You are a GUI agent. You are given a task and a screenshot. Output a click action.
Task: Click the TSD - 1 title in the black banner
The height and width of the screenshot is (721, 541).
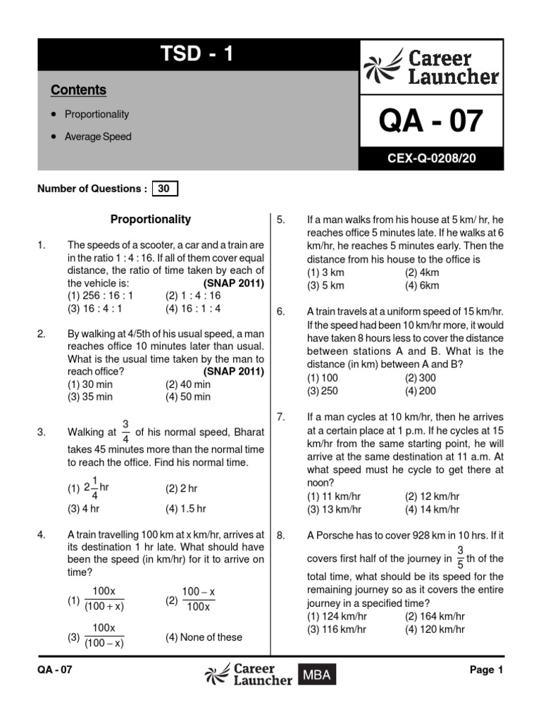pos(197,54)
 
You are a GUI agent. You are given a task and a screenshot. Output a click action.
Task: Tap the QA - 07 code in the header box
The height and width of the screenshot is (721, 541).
pos(431,121)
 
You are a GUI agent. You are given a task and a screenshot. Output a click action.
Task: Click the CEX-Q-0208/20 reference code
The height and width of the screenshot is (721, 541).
pos(431,159)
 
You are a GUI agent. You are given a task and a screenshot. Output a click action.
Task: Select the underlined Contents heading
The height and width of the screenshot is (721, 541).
pos(78,90)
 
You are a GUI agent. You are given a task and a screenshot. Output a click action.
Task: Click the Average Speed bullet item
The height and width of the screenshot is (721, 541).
pos(98,137)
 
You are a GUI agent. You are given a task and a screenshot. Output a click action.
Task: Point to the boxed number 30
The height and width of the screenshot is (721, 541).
pos(164,189)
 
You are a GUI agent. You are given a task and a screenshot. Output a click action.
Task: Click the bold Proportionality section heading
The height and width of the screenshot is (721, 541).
pos(151,220)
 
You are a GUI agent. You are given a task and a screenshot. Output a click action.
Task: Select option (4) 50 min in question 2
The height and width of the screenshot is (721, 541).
pos(187,396)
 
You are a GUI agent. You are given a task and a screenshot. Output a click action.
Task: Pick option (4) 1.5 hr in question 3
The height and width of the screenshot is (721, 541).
pos(185,508)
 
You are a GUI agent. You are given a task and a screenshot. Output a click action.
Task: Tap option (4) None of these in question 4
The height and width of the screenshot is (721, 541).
pos(204,637)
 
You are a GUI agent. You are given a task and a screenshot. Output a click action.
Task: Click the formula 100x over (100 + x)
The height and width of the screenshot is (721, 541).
pos(104,598)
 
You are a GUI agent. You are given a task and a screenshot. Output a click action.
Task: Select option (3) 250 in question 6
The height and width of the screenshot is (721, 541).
pos(323,391)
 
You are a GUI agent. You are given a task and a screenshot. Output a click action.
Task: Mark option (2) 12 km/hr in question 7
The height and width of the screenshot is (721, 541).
pos(432,496)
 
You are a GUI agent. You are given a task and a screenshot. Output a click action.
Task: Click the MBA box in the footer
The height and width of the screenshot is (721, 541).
pos(317,675)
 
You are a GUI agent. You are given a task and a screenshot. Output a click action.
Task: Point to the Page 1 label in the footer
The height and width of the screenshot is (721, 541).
pos(486,670)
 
